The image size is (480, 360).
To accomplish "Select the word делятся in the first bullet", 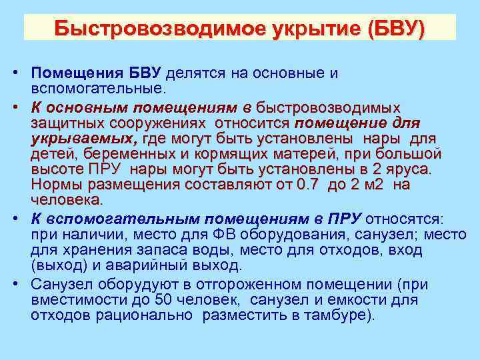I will point(197,73).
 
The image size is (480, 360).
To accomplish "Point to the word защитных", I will point(62,123).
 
